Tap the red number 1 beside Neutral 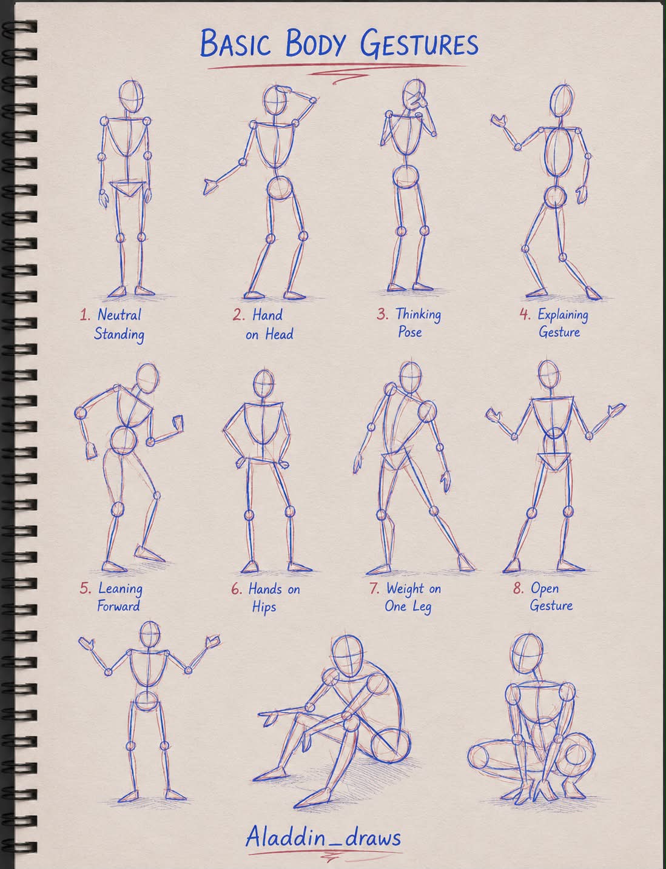pos(85,315)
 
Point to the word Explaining pos(563,315)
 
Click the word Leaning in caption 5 pos(120,589)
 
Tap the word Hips pos(264,607)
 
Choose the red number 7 pos(374,588)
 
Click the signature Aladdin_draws pos(323,837)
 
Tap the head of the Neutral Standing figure pos(131,97)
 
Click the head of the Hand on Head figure pos(275,101)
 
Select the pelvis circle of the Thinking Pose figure pos(406,176)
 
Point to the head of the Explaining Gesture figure pos(562,101)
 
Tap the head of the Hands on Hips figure pos(264,383)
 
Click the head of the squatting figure pos(526,653)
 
